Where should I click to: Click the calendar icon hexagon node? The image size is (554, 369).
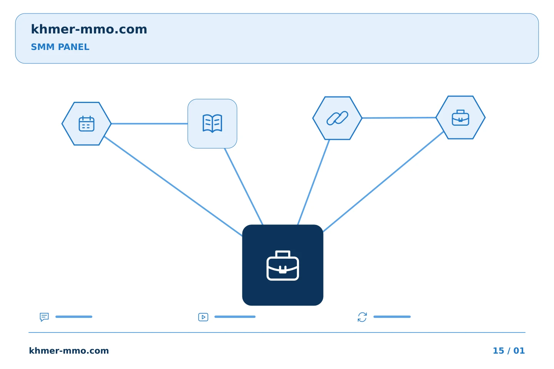click(x=87, y=124)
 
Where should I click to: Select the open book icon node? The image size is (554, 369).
click(x=212, y=124)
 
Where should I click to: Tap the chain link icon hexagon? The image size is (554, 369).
click(x=337, y=118)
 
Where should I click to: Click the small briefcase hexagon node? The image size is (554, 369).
click(x=461, y=117)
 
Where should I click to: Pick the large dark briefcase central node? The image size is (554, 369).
click(x=283, y=265)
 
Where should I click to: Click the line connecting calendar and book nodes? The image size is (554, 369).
click(x=149, y=124)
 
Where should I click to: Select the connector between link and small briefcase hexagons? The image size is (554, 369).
click(x=399, y=118)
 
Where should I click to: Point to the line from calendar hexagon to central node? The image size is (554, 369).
click(x=173, y=186)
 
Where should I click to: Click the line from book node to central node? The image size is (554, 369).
click(x=244, y=186)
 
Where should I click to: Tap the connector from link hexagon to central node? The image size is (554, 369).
click(x=314, y=182)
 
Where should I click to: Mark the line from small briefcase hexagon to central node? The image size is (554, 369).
click(x=383, y=182)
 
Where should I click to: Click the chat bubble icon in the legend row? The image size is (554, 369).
click(x=44, y=317)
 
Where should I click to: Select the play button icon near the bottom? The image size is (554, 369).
click(x=203, y=317)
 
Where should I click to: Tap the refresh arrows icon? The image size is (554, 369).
click(x=362, y=317)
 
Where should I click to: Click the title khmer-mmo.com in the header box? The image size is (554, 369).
click(x=89, y=29)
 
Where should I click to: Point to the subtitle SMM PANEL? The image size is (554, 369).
click(x=60, y=47)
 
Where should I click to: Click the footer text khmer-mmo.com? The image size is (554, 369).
click(x=69, y=351)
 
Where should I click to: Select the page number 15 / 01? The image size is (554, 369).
click(x=509, y=351)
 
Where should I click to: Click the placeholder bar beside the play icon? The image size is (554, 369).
click(x=235, y=317)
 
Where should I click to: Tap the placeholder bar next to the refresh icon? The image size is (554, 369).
click(x=392, y=317)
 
